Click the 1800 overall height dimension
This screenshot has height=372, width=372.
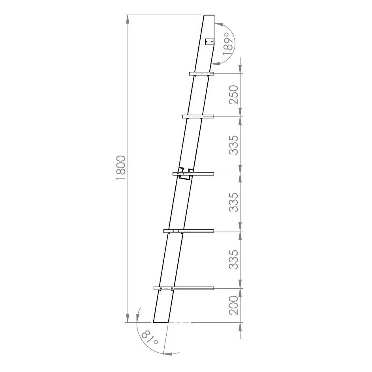[121, 168]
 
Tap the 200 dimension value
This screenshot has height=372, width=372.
[234, 305]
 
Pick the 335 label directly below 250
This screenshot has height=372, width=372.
[234, 145]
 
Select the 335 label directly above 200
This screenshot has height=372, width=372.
[234, 259]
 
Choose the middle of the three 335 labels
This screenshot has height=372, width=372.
[234, 202]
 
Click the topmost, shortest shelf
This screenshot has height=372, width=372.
[201, 74]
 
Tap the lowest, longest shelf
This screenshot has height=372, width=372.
[184, 288]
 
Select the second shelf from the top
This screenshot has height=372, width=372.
[198, 116]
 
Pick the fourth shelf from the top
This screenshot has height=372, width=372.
[189, 231]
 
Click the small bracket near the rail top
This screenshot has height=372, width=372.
[210, 41]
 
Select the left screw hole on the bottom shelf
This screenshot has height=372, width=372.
[161, 289]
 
